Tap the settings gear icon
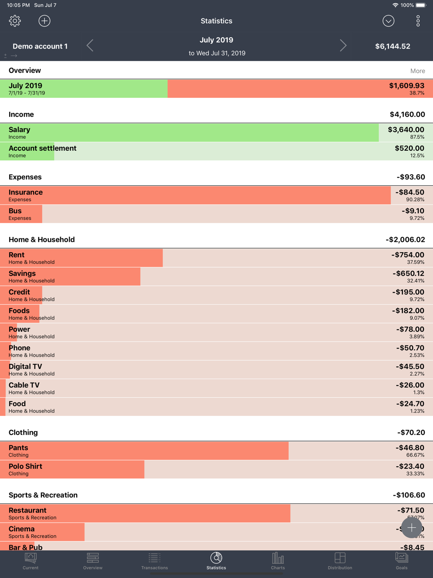[15, 21]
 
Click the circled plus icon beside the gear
[44, 21]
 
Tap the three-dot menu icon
[418, 21]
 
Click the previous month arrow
[90, 45]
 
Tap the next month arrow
[343, 45]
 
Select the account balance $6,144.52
[392, 46]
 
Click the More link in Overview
[417, 71]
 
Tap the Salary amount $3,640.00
[406, 130]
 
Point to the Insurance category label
[26, 192]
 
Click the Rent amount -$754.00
[407, 255]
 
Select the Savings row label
[22, 273]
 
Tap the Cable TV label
[24, 385]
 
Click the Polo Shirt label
[26, 466]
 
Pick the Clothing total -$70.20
[411, 432]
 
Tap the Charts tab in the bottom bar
[278, 561]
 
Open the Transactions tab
[155, 561]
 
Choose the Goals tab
[401, 561]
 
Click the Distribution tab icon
[340, 558]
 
